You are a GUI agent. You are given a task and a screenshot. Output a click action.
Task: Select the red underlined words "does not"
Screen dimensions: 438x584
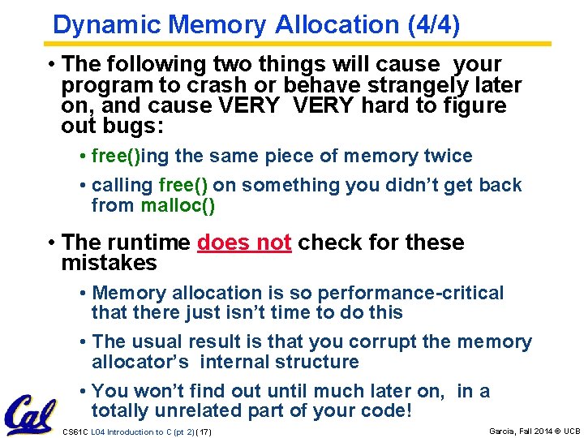point(244,243)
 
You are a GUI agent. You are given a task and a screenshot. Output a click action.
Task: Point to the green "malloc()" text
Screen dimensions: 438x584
point(178,205)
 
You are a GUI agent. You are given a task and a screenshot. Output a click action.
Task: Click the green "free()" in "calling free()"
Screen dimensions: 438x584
point(182,185)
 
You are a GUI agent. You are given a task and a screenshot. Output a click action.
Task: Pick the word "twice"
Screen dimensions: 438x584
point(446,156)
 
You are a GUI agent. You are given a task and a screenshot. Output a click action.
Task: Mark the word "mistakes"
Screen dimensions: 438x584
point(109,263)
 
